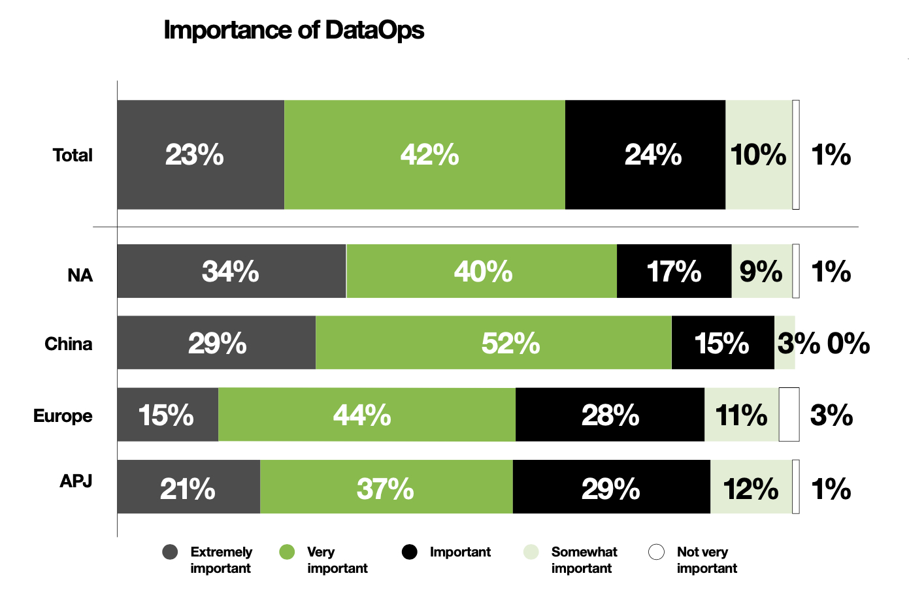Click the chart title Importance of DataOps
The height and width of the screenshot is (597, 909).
[x=293, y=30]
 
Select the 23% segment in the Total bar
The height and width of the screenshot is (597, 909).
[x=201, y=155]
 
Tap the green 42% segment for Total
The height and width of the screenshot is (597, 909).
[x=425, y=155]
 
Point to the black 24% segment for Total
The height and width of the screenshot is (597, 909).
[x=645, y=155]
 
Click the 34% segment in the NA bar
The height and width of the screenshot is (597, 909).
[x=231, y=271]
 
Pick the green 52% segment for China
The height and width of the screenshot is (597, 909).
[x=493, y=343]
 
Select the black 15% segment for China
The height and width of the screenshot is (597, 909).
[x=723, y=343]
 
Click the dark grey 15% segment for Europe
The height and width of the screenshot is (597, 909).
[x=167, y=415]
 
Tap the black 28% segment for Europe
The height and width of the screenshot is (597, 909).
[x=610, y=415]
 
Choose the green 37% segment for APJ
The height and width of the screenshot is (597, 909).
[x=386, y=487]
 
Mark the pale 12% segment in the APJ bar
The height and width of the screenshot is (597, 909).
[x=751, y=487]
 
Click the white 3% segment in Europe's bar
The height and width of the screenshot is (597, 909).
[x=789, y=415]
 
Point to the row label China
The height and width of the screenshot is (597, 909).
[x=69, y=344]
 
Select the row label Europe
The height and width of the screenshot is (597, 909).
[x=63, y=415]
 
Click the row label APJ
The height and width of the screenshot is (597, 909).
[x=76, y=481]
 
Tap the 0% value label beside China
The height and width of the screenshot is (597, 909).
[x=848, y=344]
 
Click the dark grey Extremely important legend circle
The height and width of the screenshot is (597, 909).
[x=170, y=552]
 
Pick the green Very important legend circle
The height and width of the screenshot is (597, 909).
[x=287, y=552]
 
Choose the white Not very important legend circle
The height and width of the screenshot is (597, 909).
[x=656, y=552]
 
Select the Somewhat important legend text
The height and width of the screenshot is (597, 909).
[x=584, y=560]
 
